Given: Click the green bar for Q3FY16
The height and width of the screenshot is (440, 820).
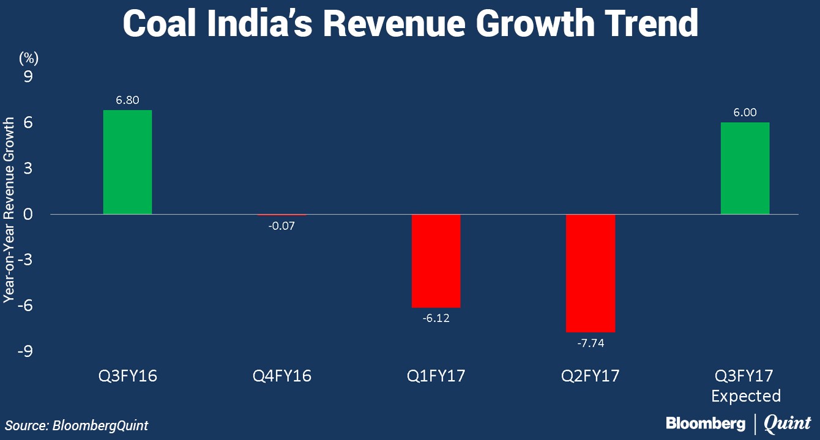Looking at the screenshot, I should [x=127, y=162].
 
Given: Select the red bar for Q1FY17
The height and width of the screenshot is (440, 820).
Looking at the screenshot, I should [x=436, y=261].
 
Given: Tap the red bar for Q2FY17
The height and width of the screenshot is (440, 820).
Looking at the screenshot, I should [x=590, y=273].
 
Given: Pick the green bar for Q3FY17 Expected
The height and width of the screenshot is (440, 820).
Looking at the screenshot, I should [x=745, y=168].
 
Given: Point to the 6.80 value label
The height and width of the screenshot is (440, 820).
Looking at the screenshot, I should [x=127, y=100].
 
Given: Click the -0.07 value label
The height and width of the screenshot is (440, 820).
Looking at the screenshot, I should [x=281, y=225].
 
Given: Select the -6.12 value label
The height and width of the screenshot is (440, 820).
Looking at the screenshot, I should [x=436, y=318].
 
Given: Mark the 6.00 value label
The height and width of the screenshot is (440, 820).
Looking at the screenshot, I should [x=745, y=112].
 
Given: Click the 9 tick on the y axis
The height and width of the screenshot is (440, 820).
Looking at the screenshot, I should [x=28, y=77].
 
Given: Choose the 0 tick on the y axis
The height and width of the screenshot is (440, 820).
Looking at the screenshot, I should [x=28, y=215].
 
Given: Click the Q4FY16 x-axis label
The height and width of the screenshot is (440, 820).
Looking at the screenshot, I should [x=281, y=375].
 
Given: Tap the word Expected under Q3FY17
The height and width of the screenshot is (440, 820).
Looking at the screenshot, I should [x=745, y=396].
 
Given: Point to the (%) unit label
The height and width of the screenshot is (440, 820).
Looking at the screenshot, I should [x=29, y=58].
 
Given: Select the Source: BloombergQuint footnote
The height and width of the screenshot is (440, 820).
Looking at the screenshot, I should [x=77, y=425].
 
